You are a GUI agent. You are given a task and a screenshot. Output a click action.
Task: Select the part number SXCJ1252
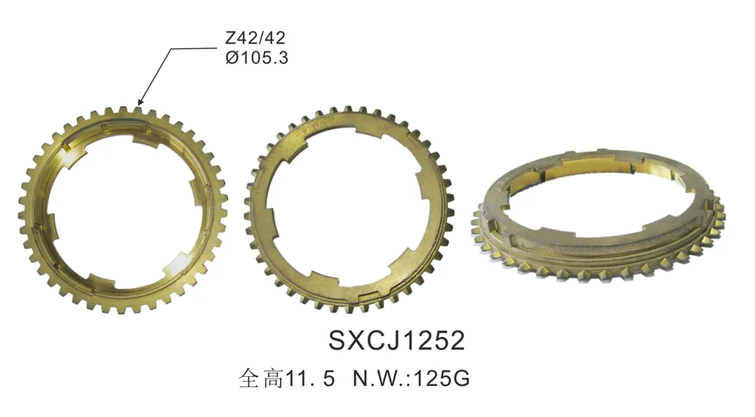point(396,340)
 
